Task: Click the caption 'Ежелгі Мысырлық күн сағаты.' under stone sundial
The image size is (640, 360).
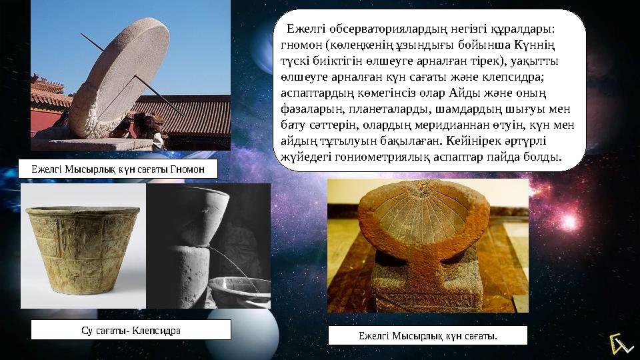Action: pos(427,335)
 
